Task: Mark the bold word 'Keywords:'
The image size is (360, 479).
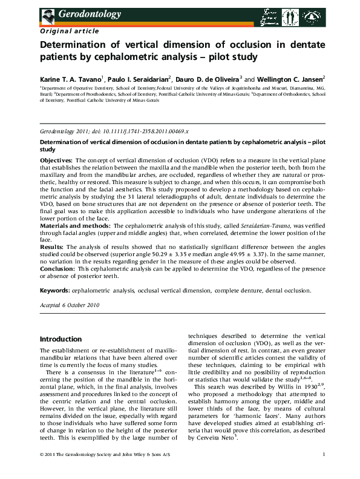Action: pos(56,291)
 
